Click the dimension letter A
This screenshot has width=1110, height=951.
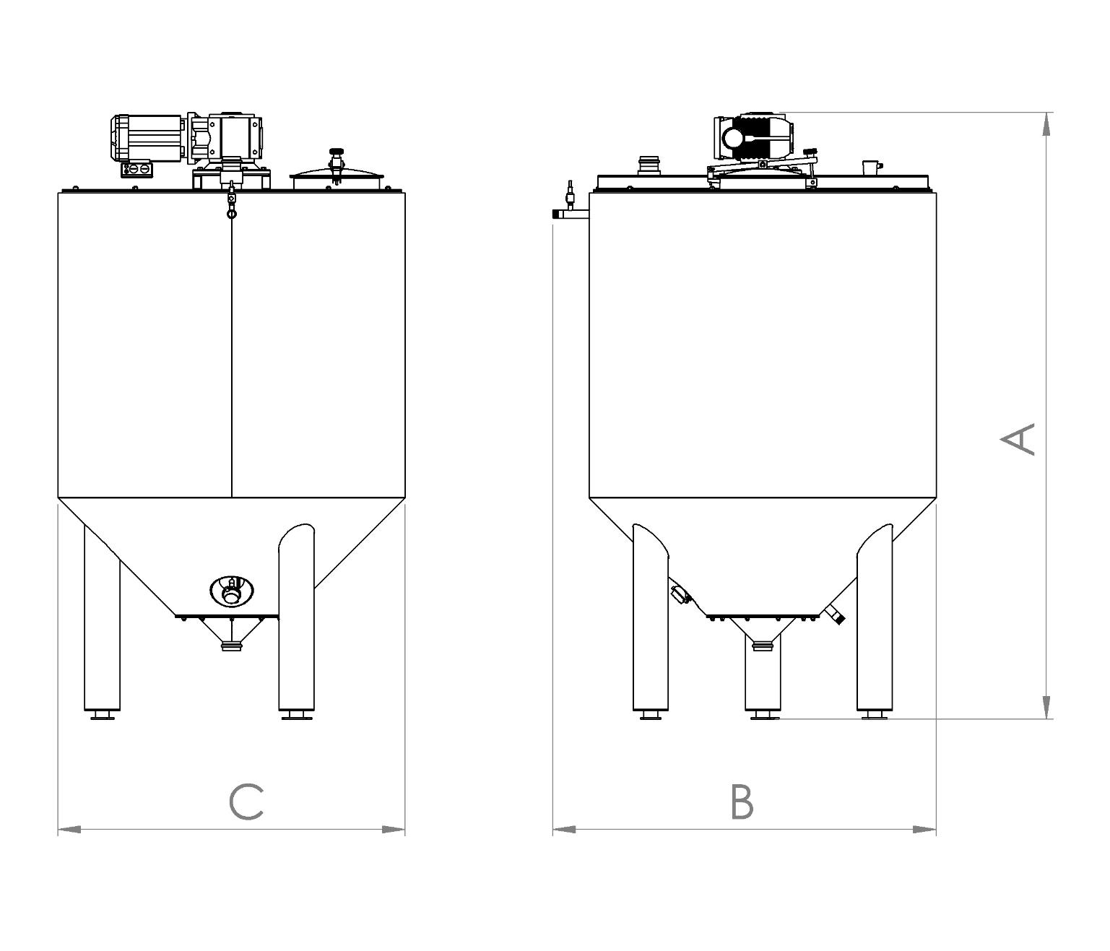click(1017, 439)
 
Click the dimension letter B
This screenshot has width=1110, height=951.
click(742, 802)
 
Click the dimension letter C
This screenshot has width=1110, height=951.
click(246, 802)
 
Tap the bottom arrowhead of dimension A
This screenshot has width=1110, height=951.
click(1046, 707)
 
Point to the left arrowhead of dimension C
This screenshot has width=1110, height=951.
click(69, 829)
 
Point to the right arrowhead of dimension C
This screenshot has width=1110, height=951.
click(393, 829)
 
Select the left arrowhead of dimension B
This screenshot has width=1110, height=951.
click(565, 829)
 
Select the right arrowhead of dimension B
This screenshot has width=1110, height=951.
click(924, 829)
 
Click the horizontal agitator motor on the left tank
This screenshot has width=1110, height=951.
click(147, 138)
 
